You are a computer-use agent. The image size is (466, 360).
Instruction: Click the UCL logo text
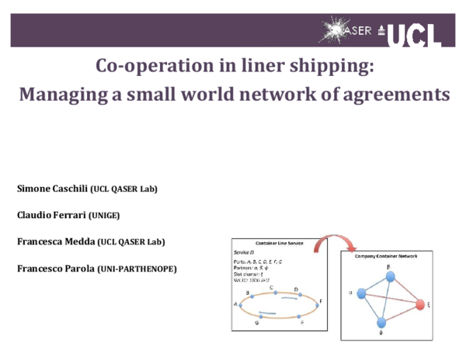[414, 33]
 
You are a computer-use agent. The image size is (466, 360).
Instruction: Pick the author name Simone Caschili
[52, 189]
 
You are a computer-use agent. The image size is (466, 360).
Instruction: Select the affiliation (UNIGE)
[106, 215]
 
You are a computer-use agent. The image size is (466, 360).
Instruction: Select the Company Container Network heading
[386, 256]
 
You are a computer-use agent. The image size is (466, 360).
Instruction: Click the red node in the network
[420, 304]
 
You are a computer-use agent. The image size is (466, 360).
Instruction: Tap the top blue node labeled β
[390, 278]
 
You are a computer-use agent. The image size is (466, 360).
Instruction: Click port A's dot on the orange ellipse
[241, 305]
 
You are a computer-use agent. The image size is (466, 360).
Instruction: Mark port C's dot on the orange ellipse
[273, 292]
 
